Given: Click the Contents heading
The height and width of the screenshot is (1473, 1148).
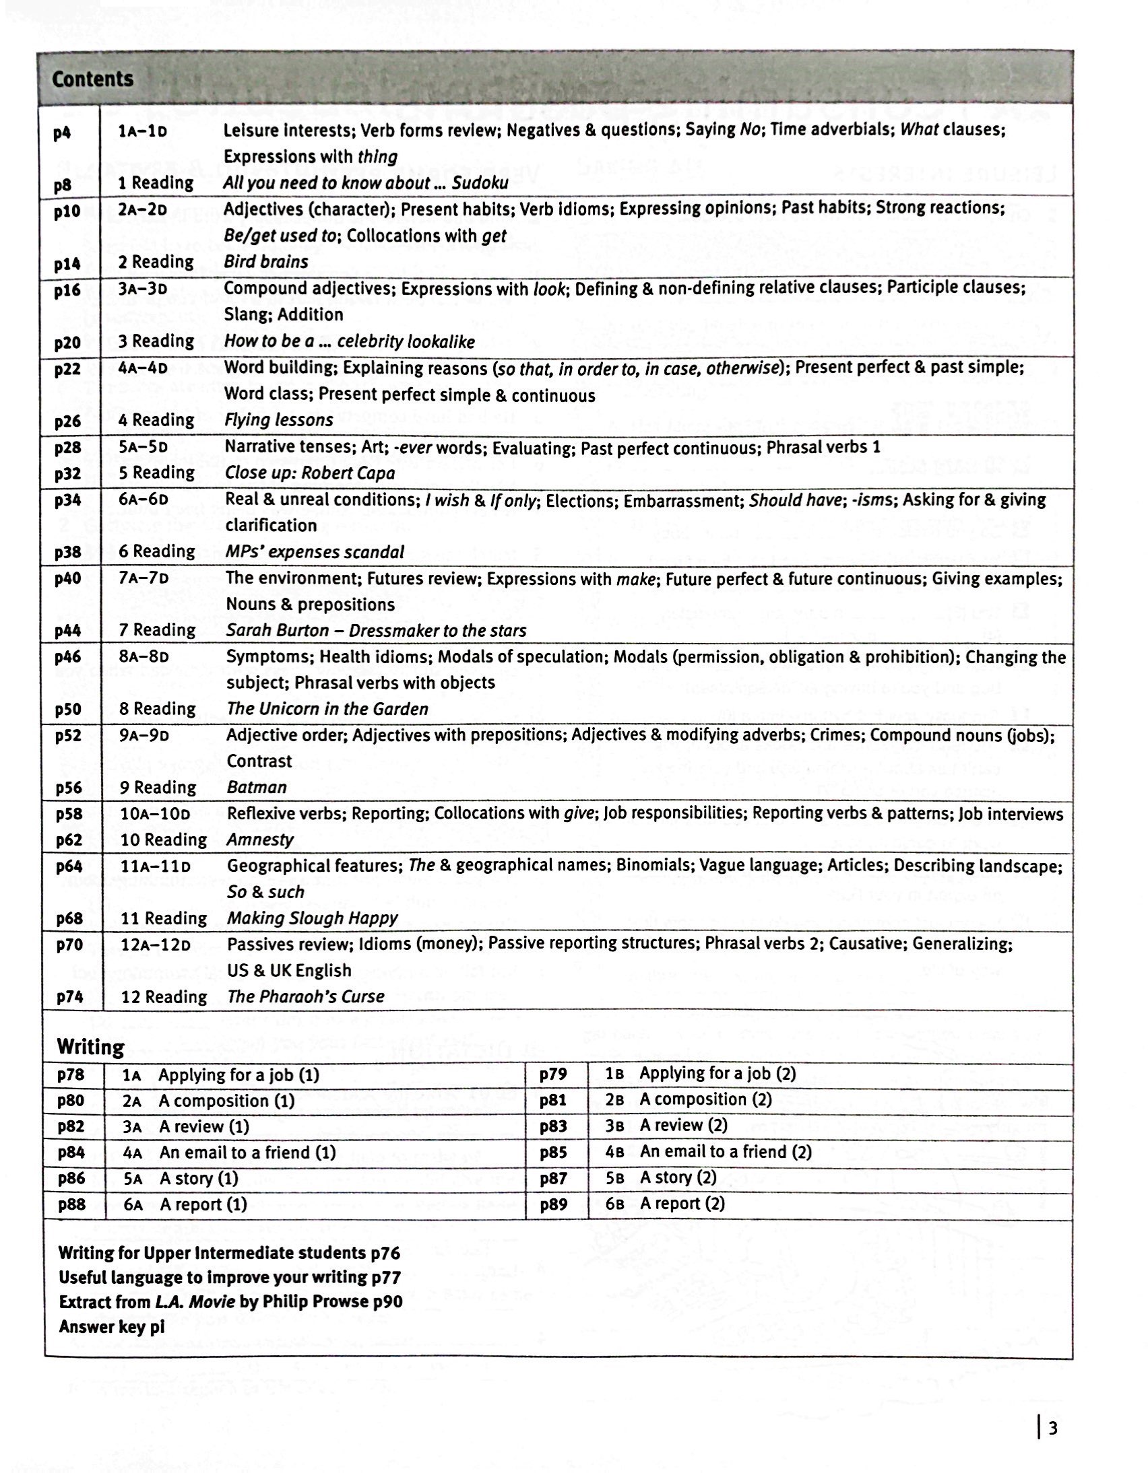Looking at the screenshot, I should [x=92, y=79].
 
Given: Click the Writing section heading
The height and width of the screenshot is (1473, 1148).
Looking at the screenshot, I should [x=90, y=1047].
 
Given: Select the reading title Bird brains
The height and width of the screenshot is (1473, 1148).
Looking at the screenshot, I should [x=266, y=262].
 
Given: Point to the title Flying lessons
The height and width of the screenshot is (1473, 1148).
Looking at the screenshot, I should [x=279, y=420].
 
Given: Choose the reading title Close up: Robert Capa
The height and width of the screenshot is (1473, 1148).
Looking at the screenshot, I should [x=310, y=473].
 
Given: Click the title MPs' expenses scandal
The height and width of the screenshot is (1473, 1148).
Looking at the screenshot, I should [x=315, y=551].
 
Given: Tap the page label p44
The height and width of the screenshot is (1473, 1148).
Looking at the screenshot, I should [x=68, y=631].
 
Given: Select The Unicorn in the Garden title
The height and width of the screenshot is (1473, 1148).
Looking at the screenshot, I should [x=327, y=709].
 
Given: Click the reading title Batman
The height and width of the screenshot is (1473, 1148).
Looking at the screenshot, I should [x=257, y=787].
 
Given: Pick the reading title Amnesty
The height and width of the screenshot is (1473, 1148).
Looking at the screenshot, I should [x=261, y=840].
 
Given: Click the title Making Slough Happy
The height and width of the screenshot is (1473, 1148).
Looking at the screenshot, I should [x=312, y=918].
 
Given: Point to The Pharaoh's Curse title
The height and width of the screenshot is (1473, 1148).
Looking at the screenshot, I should [x=306, y=997].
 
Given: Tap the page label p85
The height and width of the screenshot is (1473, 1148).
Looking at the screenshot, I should [x=552, y=1152].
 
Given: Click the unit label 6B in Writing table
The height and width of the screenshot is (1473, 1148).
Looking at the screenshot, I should [x=614, y=1204].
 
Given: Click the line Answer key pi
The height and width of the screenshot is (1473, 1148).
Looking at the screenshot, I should [x=111, y=1327].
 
